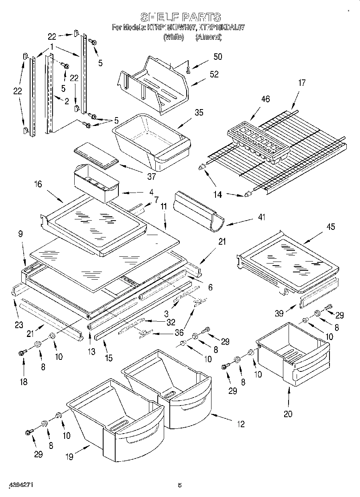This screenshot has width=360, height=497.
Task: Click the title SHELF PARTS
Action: (180, 17)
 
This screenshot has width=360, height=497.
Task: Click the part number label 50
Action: (217, 57)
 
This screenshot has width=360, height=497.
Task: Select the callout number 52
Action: (214, 74)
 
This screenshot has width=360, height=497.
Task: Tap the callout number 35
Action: (198, 113)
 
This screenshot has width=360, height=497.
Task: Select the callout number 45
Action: (331, 227)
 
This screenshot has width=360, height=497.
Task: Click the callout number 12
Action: (240, 424)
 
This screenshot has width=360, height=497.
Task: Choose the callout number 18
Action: (24, 381)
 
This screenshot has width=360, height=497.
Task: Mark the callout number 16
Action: (38, 184)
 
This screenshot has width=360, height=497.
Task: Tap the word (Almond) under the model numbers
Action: (208, 37)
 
